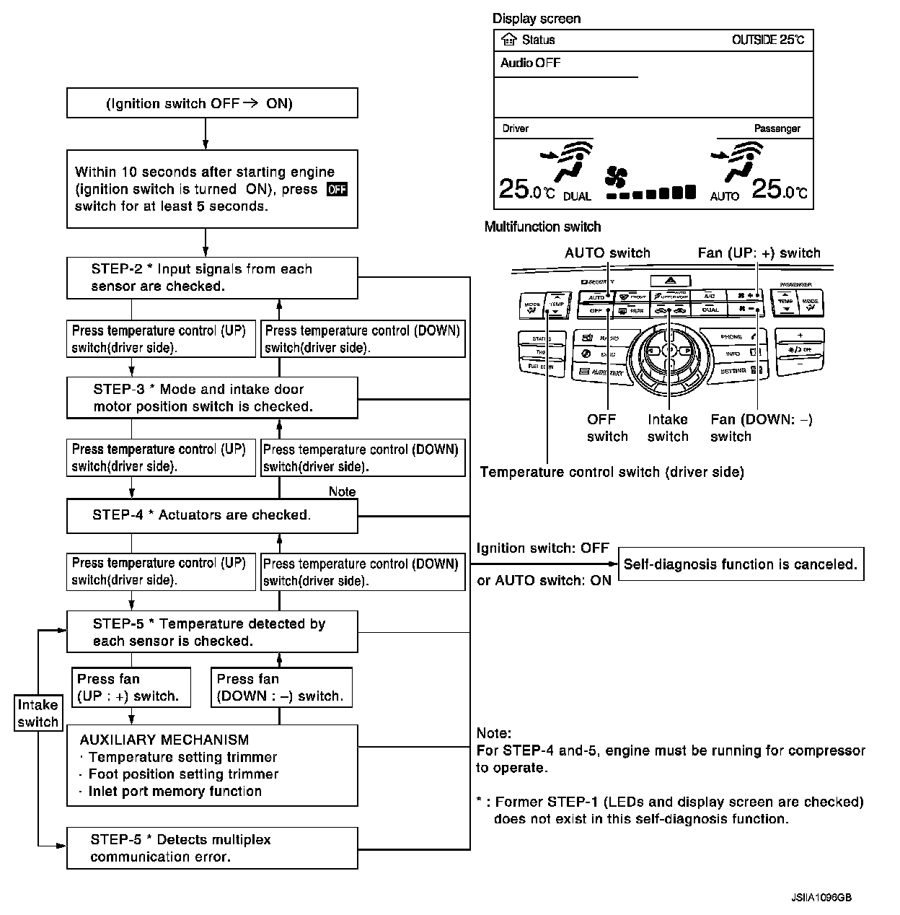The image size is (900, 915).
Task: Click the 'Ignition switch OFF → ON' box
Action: (212, 103)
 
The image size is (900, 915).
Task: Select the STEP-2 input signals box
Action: (212, 278)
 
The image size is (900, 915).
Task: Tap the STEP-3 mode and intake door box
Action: (212, 398)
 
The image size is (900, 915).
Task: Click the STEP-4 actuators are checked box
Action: (212, 515)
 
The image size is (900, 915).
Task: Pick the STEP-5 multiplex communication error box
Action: (212, 848)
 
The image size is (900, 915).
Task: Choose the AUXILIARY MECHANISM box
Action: (212, 766)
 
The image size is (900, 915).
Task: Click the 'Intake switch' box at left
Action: (37, 714)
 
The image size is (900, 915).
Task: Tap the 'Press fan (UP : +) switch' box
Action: (131, 688)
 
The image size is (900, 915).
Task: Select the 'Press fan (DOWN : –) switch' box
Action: (281, 688)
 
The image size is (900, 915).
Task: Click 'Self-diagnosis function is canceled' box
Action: (741, 564)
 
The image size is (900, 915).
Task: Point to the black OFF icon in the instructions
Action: (337, 189)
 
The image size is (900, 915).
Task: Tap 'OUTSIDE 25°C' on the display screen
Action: (767, 40)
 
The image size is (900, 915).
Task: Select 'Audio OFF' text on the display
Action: (530, 64)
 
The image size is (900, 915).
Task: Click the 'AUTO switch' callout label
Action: (607, 253)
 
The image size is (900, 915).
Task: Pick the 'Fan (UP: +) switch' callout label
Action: (759, 253)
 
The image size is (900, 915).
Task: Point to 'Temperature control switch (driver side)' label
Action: (612, 473)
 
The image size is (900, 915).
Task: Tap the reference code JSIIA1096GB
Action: (821, 898)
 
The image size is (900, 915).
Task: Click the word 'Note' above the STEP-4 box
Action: (342, 491)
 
